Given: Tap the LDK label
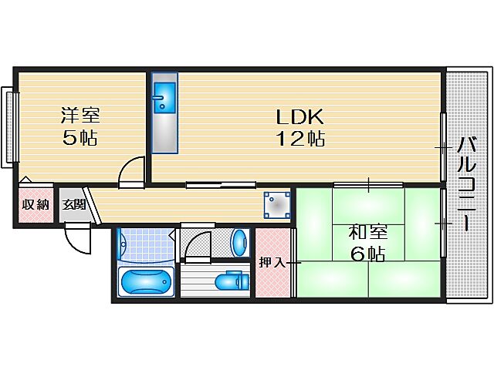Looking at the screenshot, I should (x=300, y=118).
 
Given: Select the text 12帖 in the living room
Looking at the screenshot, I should (x=300, y=139).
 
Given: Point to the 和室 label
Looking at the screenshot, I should (x=367, y=232).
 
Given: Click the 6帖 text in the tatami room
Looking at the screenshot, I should (x=367, y=254).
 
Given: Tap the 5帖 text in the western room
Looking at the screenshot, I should (x=80, y=139).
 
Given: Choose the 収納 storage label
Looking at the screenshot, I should (x=36, y=204).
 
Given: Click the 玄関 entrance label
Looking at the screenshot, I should (x=74, y=204).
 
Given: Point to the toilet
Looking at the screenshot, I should (x=230, y=281).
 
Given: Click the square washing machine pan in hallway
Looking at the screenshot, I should (x=277, y=204).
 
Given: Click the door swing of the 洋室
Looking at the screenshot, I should (x=133, y=171).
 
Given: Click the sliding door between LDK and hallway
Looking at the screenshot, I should (x=221, y=184).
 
